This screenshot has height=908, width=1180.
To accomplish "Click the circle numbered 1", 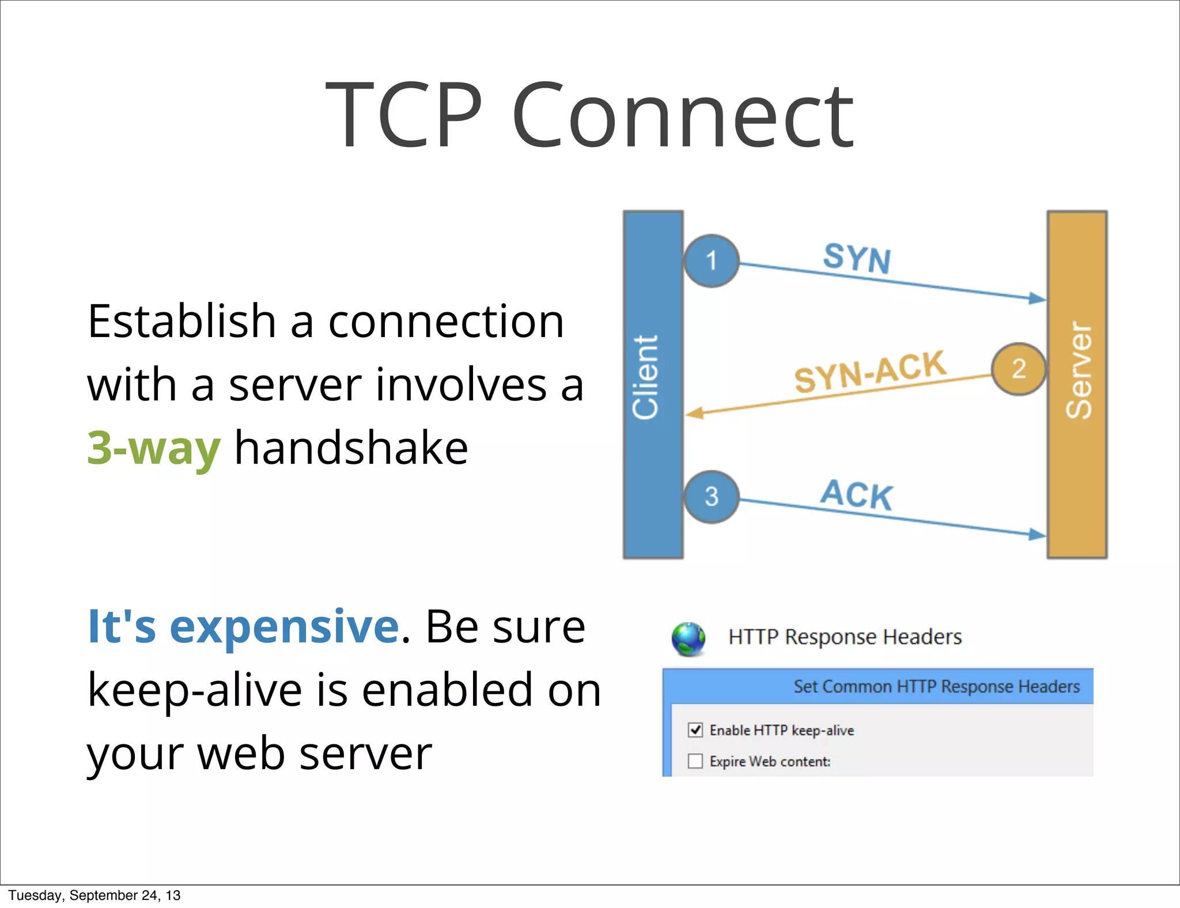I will point(711,260).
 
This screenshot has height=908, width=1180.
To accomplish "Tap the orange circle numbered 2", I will point(1018,369).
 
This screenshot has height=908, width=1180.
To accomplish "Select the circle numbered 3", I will point(711,497).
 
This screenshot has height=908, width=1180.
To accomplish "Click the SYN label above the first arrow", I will point(857,258).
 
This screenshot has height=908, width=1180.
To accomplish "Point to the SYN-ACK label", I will point(870,372).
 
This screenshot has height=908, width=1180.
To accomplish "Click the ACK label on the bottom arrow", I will point(857,494).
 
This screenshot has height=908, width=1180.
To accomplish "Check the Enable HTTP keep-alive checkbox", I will point(695,730).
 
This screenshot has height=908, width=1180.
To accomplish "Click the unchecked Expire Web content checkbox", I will point(695,761).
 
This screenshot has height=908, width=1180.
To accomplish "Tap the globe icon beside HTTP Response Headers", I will point(688,639).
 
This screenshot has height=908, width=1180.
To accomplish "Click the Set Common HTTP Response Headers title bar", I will point(936,686).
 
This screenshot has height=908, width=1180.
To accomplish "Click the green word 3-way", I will point(153,448).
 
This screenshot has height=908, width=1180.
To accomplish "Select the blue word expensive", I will point(283,626).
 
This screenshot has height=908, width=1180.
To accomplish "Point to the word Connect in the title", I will point(682,115).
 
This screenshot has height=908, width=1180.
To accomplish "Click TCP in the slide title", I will point(403,115).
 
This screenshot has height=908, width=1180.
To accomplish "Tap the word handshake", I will point(351,448).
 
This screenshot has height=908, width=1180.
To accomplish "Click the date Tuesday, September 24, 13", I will point(94,895).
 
